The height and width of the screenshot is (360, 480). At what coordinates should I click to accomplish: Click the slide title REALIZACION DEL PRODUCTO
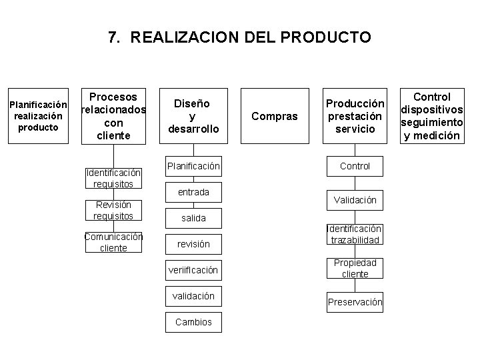[239, 37]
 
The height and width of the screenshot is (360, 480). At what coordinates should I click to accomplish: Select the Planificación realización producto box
[38, 116]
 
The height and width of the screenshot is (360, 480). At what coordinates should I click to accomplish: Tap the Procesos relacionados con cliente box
[113, 116]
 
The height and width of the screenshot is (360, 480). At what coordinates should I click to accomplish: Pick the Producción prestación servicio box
[355, 116]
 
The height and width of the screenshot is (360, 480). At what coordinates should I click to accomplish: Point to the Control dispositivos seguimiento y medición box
[431, 116]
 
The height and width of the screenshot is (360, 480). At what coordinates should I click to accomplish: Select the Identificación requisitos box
[113, 178]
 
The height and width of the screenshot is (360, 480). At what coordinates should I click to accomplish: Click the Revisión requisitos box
[113, 210]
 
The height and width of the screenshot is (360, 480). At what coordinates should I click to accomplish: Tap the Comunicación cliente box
[113, 242]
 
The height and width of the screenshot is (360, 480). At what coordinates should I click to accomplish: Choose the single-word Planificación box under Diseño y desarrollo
[193, 165]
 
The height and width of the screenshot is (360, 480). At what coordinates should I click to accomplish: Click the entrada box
[193, 192]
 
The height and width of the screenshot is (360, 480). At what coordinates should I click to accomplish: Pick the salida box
[193, 218]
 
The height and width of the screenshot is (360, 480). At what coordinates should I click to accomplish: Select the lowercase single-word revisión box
[193, 244]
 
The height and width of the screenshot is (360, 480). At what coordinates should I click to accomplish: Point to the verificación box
[193, 270]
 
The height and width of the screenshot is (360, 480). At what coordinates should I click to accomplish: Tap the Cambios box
[193, 322]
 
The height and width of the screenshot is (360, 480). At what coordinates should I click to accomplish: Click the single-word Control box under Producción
[355, 165]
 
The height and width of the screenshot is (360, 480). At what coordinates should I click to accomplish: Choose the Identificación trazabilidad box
[355, 234]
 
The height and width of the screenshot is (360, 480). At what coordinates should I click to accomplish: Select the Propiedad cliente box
[355, 268]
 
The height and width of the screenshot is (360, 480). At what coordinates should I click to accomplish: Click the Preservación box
[355, 302]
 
